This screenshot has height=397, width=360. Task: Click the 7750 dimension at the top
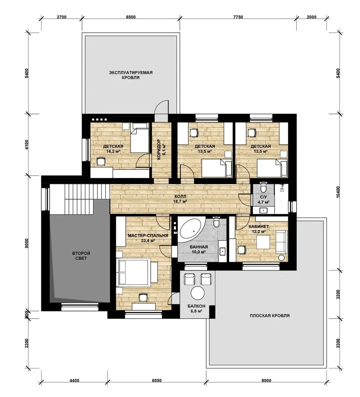pos(238,17)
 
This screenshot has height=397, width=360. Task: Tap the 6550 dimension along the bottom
pos(157,380)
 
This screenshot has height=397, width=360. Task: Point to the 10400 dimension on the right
pos(338,193)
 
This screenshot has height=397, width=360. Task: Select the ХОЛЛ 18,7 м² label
pos(180,199)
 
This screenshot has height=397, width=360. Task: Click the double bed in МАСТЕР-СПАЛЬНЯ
pos(134,272)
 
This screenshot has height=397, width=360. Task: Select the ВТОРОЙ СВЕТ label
pos(81,256)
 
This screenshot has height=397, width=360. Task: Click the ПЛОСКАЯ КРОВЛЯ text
pos(270,316)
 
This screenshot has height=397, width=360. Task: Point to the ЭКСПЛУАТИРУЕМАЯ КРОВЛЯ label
pos(131,75)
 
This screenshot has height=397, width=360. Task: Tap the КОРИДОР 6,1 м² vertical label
pos(161,150)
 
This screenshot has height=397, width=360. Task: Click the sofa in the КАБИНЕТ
pos(281,242)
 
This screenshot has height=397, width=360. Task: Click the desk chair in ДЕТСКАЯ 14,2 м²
pos(101,161)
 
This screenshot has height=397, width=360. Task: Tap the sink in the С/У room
pos(264,210)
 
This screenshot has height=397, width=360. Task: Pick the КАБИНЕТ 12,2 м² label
pos(259,229)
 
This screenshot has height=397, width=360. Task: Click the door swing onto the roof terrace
pos(162,107)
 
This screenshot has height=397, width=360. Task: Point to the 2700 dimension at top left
pos(61,17)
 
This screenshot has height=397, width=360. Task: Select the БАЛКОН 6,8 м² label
pos(196,308)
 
